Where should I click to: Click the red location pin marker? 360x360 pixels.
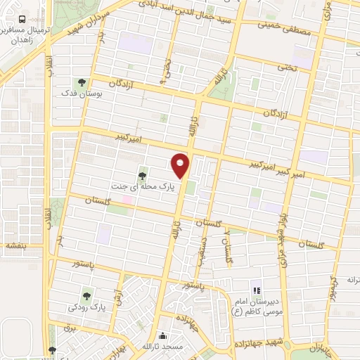click(x=181, y=165)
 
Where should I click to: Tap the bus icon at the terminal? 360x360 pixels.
click(x=24, y=20)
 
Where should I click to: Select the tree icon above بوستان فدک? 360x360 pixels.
click(x=81, y=82)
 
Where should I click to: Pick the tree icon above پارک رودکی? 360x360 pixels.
click(x=86, y=296)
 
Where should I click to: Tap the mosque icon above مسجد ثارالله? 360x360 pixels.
click(x=164, y=336)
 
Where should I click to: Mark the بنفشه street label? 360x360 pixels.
click(x=15, y=246)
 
